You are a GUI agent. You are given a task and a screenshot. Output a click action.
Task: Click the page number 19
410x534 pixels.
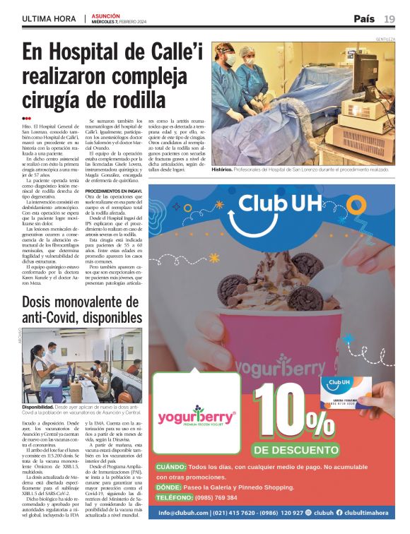coord(389,18)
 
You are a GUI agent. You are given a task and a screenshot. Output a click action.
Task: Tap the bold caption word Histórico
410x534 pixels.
coord(222,170)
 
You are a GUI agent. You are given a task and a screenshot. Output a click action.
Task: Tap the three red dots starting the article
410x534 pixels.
coord(26,118)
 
